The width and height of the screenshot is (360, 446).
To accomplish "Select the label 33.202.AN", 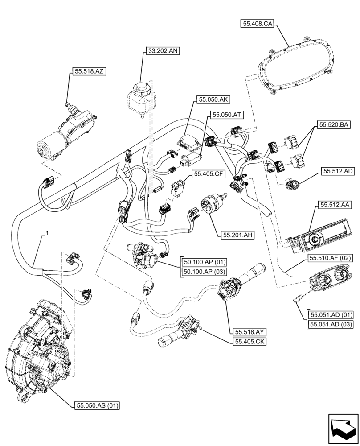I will tap(161, 51).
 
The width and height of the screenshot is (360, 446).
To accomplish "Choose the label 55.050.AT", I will tap(226, 115).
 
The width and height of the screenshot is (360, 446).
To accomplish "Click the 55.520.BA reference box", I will tap(333, 125).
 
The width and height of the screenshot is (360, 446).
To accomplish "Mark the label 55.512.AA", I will tap(335, 205).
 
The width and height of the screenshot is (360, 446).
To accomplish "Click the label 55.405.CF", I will tap(208, 173).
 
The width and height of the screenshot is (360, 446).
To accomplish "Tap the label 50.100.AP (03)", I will tap(203, 272).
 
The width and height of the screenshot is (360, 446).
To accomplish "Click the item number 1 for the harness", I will tap(46, 233).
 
